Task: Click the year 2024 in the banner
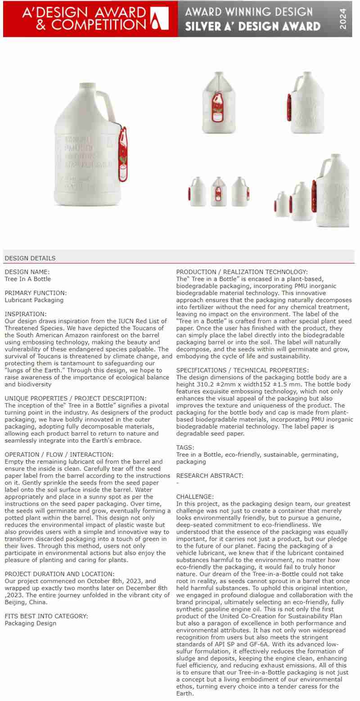tap(343, 19)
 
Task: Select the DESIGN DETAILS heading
tap(30, 258)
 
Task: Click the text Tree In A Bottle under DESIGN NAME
tap(27, 279)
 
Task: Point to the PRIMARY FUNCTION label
tap(36, 293)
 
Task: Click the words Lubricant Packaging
tap(34, 300)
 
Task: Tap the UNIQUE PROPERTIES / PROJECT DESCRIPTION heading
tap(76, 398)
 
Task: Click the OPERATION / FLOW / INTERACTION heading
tap(59, 454)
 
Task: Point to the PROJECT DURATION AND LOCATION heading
tap(59, 574)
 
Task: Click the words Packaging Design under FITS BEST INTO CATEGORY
tap(31, 623)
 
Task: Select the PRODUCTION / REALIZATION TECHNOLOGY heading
tap(242, 272)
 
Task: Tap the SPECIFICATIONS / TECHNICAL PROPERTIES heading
tap(243, 370)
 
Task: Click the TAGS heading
tap(185, 447)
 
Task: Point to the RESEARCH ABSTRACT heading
tap(210, 476)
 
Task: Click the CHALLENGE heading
tap(195, 497)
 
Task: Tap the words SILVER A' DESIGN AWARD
tap(253, 27)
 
